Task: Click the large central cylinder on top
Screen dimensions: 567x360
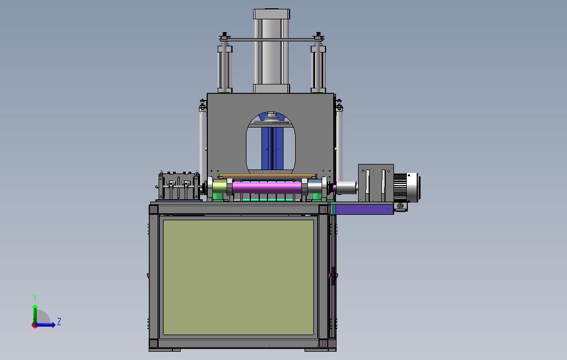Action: tap(271, 51)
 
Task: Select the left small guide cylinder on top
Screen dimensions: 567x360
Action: tap(224, 67)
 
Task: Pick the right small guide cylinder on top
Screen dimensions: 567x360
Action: tap(318, 67)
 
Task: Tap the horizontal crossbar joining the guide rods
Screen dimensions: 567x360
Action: tap(271, 39)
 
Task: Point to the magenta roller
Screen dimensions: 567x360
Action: tap(267, 187)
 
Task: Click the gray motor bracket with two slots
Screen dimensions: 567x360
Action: tap(376, 183)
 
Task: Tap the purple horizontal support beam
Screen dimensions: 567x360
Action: tap(364, 209)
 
